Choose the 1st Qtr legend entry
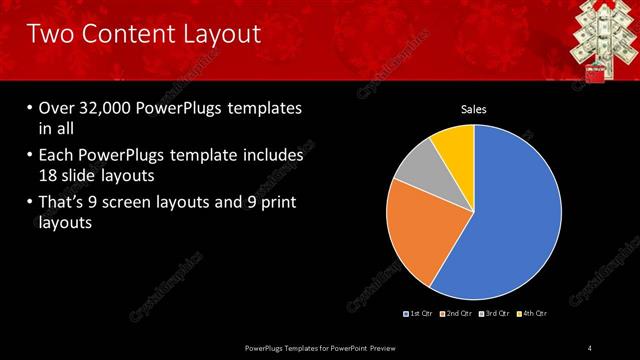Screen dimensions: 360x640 click(417, 314)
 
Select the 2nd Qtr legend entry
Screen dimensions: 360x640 click(455, 314)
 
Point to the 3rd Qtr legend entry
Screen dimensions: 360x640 click(494, 314)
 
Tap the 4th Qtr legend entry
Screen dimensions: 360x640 click(532, 314)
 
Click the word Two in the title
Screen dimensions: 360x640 click(48, 34)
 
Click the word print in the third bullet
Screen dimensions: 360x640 click(276, 204)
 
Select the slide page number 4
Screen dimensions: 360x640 click(590, 347)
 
